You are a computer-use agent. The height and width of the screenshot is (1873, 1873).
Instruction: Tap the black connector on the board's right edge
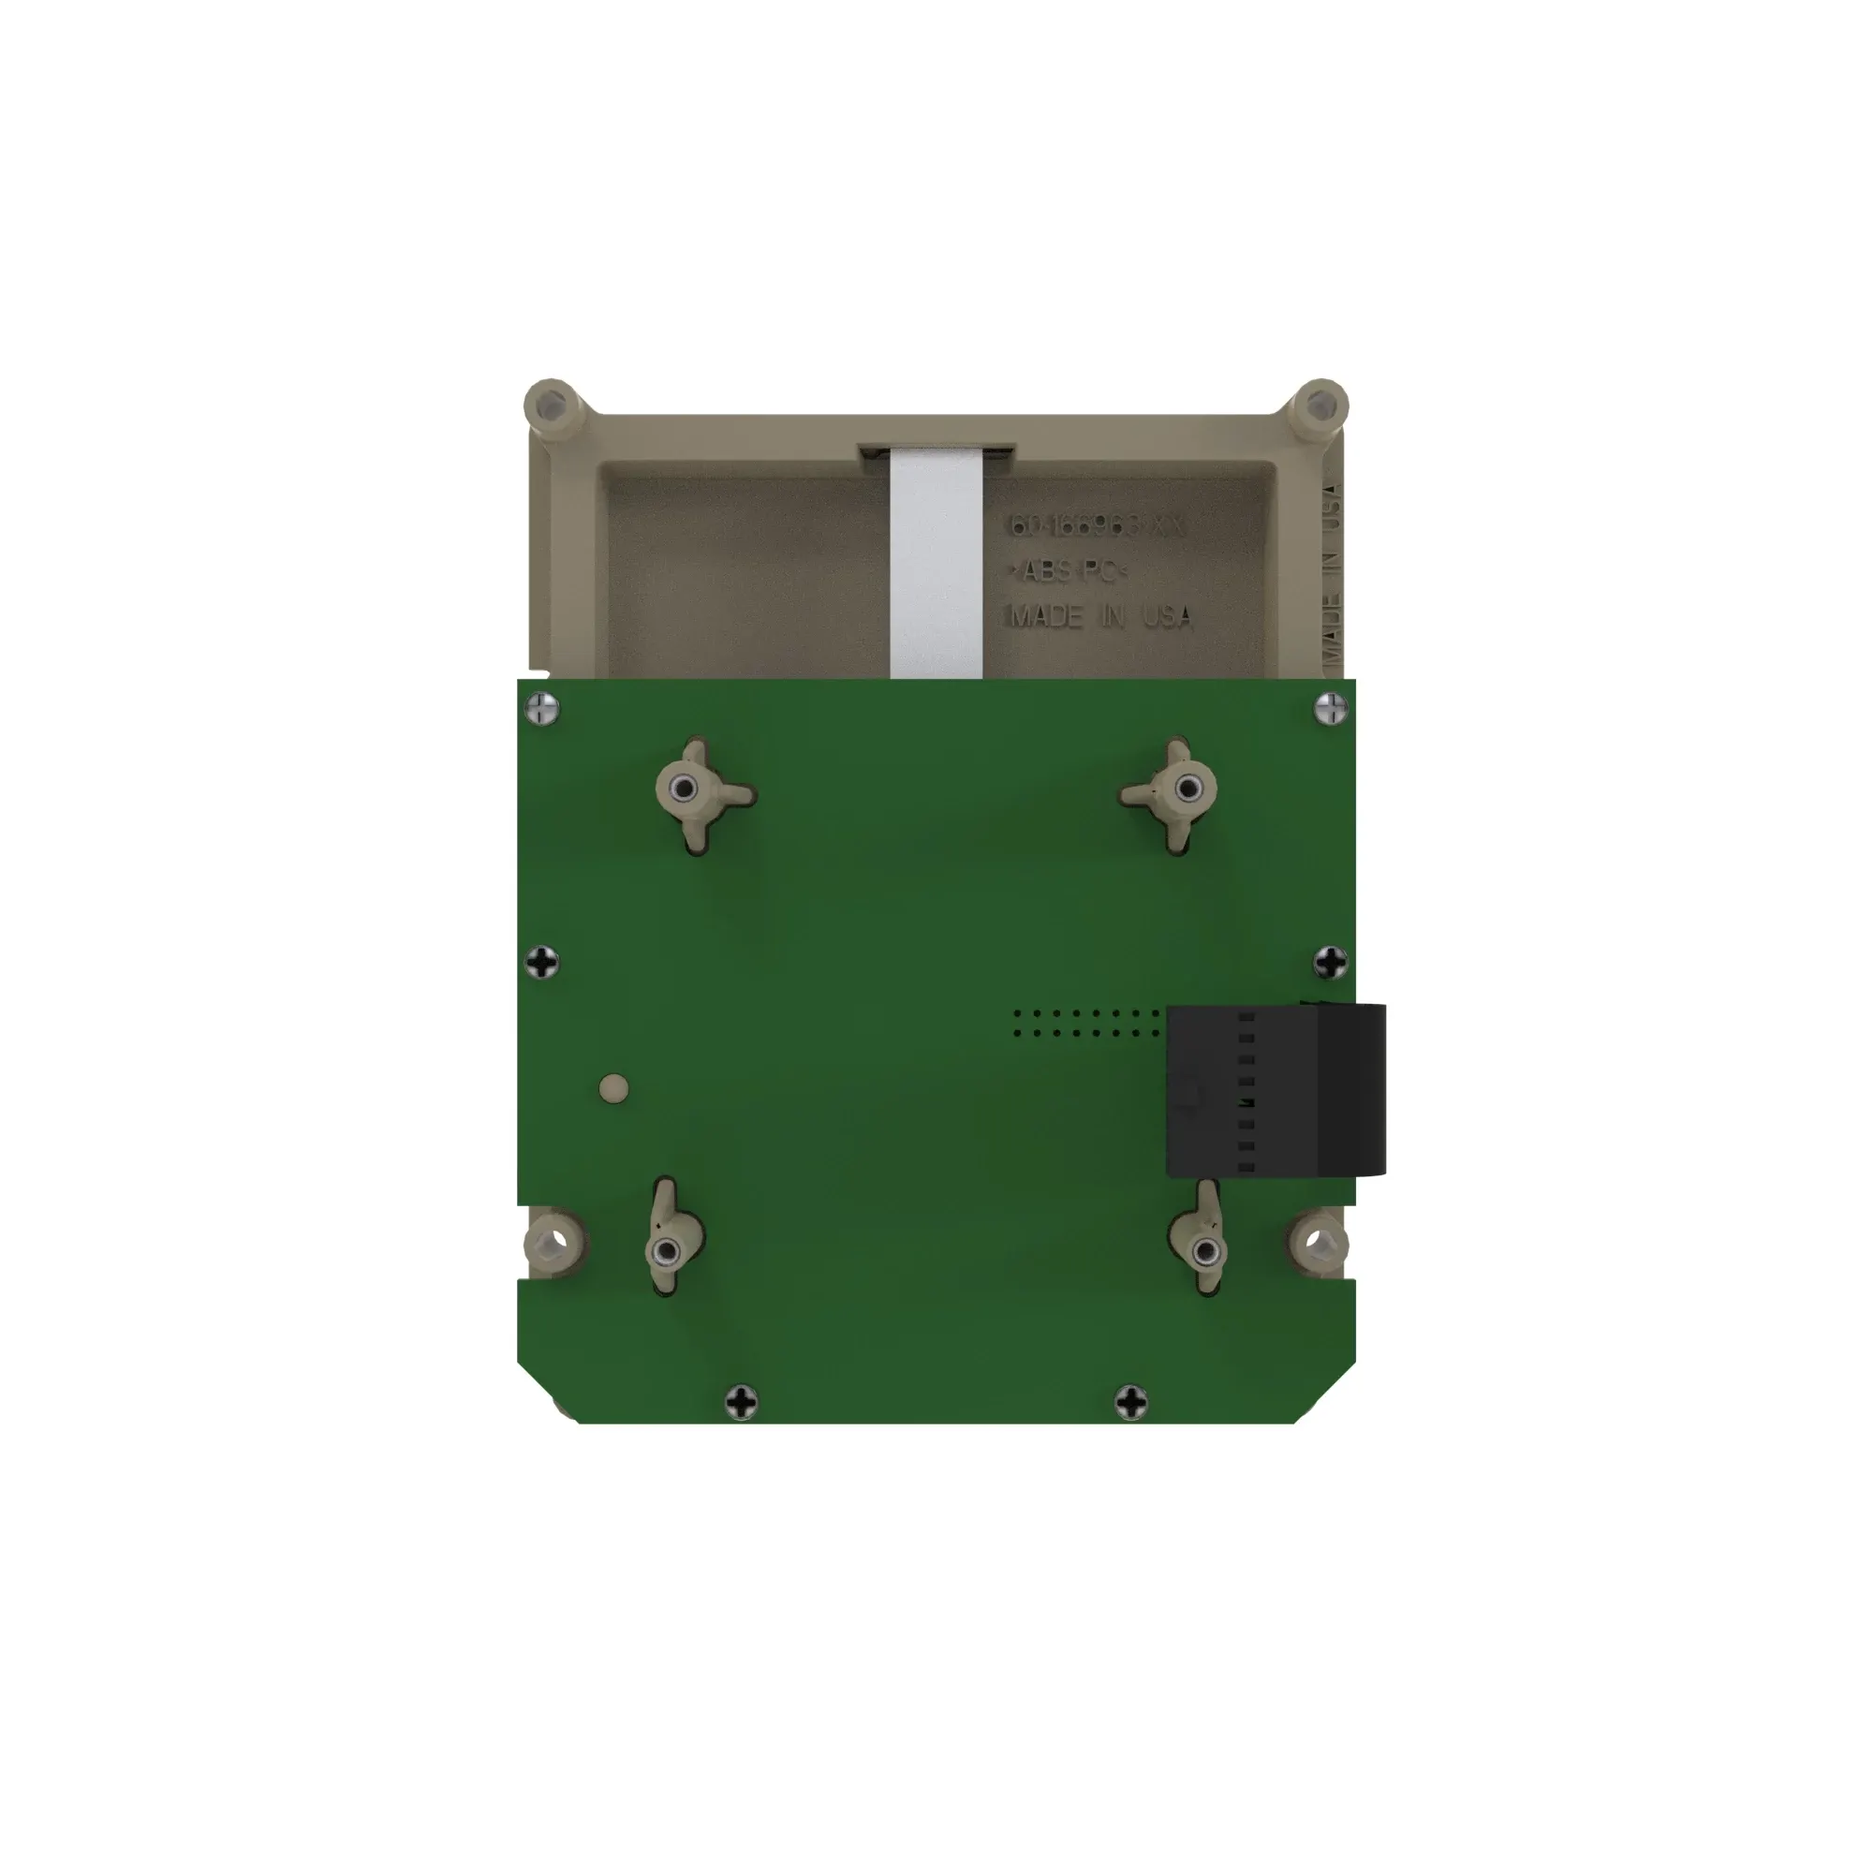click(1276, 1091)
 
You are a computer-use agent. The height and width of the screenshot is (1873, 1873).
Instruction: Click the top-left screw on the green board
click(543, 709)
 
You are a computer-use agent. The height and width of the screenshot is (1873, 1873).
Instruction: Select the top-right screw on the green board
click(1331, 709)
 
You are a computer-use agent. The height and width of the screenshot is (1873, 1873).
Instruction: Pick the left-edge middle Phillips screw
click(544, 963)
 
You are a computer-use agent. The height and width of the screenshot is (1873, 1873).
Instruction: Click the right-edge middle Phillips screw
click(1331, 963)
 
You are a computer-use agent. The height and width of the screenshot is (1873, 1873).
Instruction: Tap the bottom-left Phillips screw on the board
click(743, 1400)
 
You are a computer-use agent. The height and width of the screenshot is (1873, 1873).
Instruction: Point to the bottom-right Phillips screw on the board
click(1131, 1400)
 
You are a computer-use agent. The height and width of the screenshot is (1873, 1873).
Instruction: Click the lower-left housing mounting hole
click(555, 1242)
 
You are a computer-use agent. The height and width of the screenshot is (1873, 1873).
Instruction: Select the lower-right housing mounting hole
click(1316, 1242)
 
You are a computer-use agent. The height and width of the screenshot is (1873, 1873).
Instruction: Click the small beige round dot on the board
click(613, 1087)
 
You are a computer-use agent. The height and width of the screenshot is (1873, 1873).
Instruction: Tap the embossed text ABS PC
click(1070, 572)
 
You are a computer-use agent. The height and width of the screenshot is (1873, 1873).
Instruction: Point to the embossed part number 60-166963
click(1097, 526)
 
